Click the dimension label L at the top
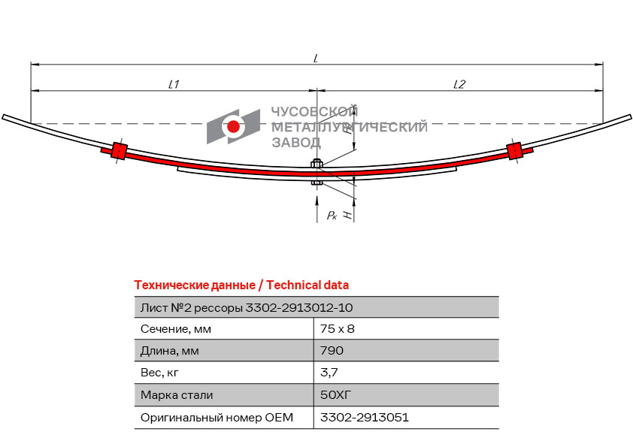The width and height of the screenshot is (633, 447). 316,59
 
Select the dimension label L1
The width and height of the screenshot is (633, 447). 174,84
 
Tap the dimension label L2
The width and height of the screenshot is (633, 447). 459,84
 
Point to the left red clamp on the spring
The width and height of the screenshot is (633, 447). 119,151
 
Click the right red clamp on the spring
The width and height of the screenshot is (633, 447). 515,150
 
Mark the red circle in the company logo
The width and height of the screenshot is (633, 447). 233,127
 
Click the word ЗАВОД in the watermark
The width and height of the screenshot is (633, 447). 296,143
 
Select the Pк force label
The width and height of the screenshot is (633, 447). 332,215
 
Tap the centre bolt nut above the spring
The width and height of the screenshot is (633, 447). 316,164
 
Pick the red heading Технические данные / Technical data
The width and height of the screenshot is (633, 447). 241,285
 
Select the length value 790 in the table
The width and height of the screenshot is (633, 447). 332,351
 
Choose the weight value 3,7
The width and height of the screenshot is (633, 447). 329,373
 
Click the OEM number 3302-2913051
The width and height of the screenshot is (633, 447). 365,417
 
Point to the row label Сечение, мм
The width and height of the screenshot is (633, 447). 176,329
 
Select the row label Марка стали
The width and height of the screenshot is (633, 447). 177,395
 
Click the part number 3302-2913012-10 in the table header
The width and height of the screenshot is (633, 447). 299,308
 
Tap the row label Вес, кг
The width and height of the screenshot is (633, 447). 159,373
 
